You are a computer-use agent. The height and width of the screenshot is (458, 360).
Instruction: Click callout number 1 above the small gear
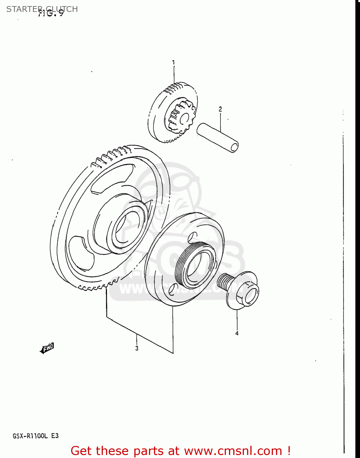point(173,63)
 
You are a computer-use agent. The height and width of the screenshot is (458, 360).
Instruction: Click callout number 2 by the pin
point(220,109)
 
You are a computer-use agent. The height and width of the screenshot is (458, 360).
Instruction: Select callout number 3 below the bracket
point(137,348)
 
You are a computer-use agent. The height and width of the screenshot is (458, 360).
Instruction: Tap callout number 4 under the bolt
point(237,333)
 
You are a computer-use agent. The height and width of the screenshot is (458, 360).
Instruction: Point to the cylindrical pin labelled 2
point(217,137)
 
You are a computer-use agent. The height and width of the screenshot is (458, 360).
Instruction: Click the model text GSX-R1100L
point(30,436)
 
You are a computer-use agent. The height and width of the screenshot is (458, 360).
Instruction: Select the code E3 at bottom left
point(55,436)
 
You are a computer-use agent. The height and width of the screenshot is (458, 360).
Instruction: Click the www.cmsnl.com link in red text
point(233,451)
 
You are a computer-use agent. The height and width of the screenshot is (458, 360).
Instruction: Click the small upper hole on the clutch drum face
point(192,237)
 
